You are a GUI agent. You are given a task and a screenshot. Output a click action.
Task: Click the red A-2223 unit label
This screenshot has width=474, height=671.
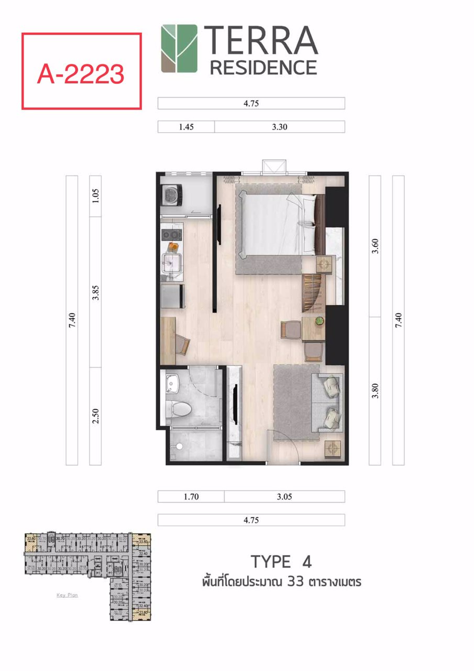[81, 73]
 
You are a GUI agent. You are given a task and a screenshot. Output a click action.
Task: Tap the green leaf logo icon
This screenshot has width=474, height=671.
[179, 48]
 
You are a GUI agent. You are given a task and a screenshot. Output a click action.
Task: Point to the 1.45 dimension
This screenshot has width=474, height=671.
[186, 127]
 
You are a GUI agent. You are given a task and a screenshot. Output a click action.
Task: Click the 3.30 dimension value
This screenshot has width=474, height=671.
[279, 127]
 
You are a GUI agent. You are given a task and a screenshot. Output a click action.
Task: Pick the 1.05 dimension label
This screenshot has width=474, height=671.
[95, 196]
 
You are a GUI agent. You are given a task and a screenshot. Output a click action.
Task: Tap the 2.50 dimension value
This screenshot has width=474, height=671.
[95, 416]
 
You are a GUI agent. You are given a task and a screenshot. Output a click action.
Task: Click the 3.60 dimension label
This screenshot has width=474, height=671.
[374, 246]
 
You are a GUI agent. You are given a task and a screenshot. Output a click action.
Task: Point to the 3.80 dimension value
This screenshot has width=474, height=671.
[374, 391]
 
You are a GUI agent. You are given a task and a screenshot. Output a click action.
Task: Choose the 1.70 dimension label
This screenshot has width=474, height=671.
[191, 496]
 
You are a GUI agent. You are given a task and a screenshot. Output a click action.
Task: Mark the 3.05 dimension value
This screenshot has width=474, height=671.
[284, 496]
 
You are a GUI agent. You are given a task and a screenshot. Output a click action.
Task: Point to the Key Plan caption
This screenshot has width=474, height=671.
[67, 595]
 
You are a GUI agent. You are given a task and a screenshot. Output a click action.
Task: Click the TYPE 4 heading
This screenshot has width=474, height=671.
[281, 562]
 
